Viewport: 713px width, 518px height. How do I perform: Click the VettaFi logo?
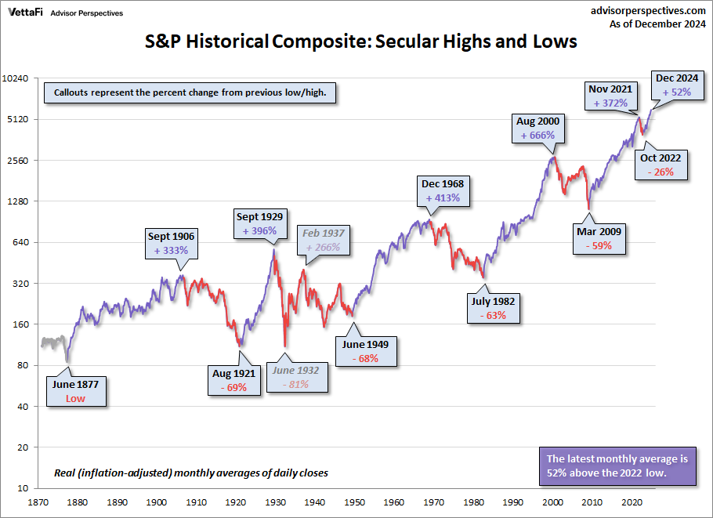click(x=26, y=13)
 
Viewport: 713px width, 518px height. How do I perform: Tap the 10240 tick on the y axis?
click(x=18, y=78)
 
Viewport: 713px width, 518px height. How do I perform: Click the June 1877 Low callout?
click(x=75, y=391)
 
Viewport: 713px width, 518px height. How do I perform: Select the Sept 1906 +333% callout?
click(x=171, y=243)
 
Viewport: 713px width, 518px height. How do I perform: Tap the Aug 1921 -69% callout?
click(x=234, y=381)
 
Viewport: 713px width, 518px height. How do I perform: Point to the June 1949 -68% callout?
click(x=366, y=351)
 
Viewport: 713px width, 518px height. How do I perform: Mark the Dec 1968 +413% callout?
click(x=443, y=191)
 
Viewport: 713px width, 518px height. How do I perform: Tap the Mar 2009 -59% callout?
click(x=599, y=238)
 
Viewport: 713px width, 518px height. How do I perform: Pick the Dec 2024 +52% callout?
click(x=676, y=85)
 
